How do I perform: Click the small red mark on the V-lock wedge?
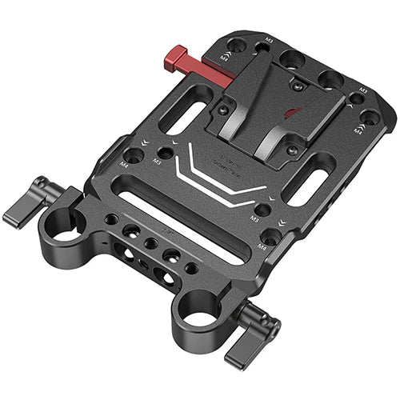coord(294,111)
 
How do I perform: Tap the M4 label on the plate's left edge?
coord(124,163)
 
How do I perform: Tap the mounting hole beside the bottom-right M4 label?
coord(273,237)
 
